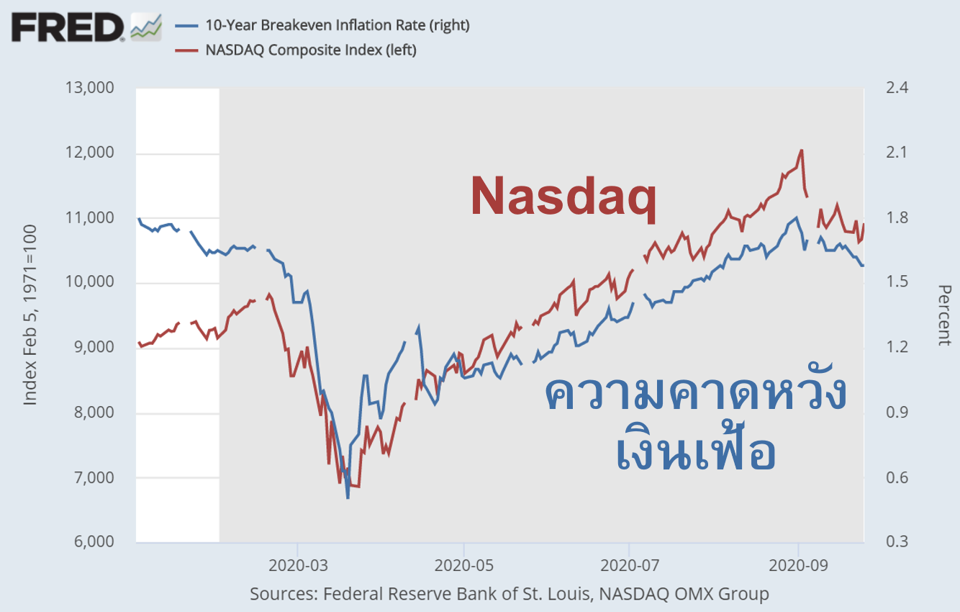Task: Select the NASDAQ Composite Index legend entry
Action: pyautogui.click(x=310, y=50)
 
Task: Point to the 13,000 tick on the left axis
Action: pyautogui.click(x=89, y=89)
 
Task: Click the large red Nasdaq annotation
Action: pyautogui.click(x=563, y=197)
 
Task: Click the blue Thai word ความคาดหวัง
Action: pyautogui.click(x=695, y=395)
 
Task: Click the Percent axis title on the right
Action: pyautogui.click(x=944, y=315)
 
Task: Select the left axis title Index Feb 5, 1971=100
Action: pyautogui.click(x=30, y=315)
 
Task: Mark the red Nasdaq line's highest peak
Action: pyautogui.click(x=801, y=150)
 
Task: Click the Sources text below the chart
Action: pyautogui.click(x=509, y=594)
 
